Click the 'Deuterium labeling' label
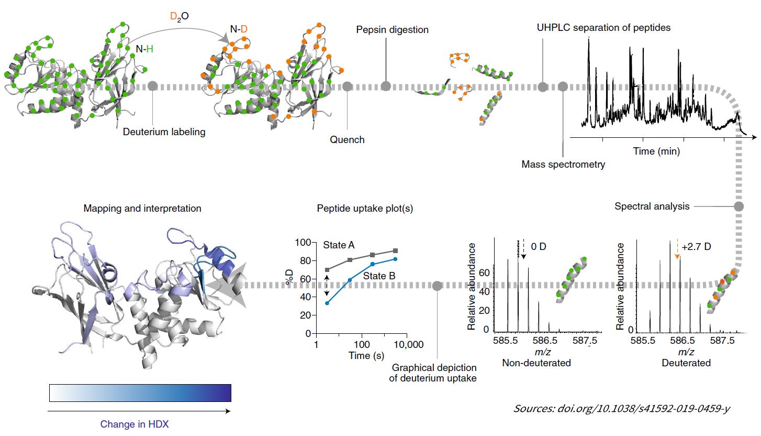[164, 132]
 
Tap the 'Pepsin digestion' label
[392, 30]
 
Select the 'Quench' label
[347, 140]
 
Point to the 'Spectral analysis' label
[652, 206]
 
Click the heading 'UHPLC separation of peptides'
[603, 28]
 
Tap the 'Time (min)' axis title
[656, 151]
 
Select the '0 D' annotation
[539, 246]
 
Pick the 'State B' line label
[378, 276]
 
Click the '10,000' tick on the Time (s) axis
[408, 345]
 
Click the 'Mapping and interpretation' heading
[142, 208]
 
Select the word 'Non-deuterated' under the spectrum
[536, 363]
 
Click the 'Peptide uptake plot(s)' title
[365, 208]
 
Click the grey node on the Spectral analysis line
[738, 206]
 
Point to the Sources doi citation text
[622, 408]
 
